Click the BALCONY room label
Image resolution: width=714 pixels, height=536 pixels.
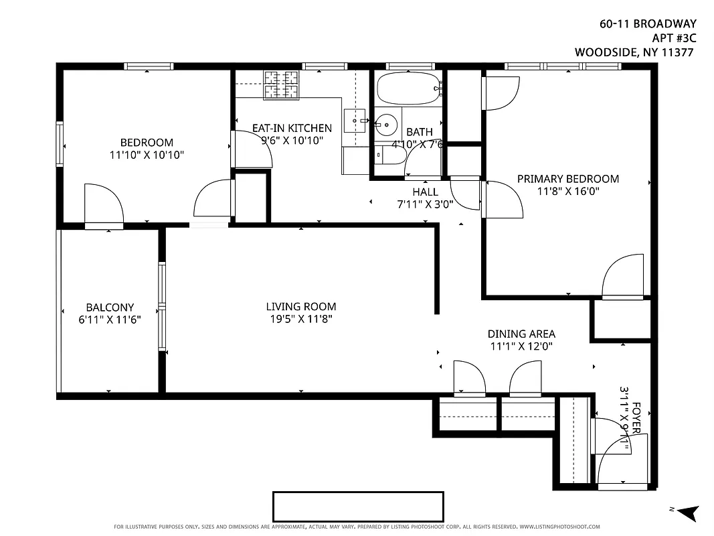(110, 308)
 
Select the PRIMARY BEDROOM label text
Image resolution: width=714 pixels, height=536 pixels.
(567, 179)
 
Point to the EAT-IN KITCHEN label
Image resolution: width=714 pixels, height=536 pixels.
(291, 128)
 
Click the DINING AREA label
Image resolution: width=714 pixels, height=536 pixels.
(521, 334)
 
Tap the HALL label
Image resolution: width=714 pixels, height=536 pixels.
(425, 192)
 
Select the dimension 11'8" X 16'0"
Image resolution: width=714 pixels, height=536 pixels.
(567, 191)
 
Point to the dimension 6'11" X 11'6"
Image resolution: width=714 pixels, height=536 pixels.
(110, 320)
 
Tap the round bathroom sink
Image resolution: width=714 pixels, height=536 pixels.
(385, 124)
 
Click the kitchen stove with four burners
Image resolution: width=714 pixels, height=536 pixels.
(281, 84)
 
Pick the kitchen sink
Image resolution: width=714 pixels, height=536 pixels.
(354, 121)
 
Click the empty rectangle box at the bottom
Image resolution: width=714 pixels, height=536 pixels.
(358, 507)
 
